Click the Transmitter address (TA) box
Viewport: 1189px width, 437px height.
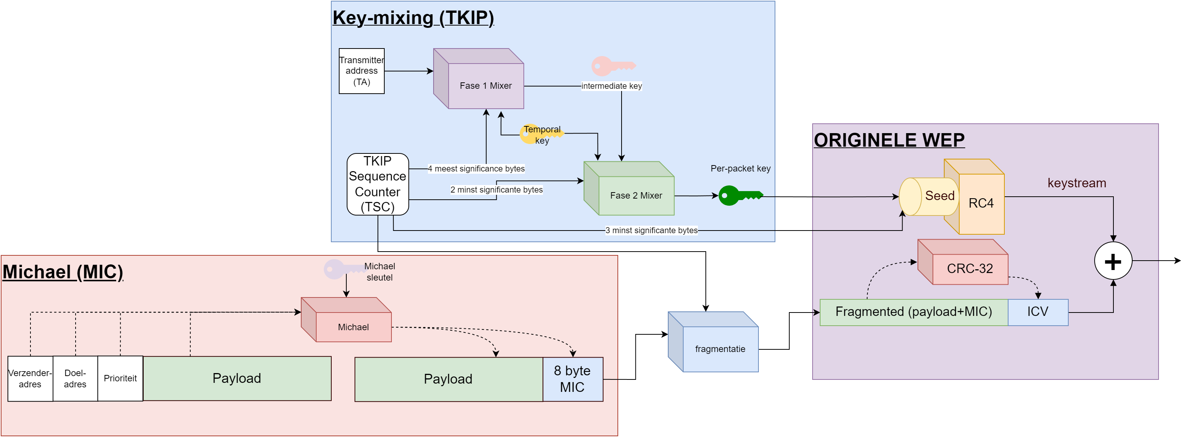click(361, 71)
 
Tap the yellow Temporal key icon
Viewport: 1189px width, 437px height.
click(531, 134)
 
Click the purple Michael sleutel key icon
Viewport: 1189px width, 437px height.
click(341, 269)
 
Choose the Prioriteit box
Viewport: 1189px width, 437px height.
click(120, 378)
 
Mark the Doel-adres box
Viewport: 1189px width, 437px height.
click(75, 378)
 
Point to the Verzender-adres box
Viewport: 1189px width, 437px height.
click(30, 378)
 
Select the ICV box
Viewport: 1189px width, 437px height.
click(1037, 312)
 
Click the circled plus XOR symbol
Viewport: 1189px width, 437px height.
click(1113, 261)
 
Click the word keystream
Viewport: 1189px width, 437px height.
click(1076, 183)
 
